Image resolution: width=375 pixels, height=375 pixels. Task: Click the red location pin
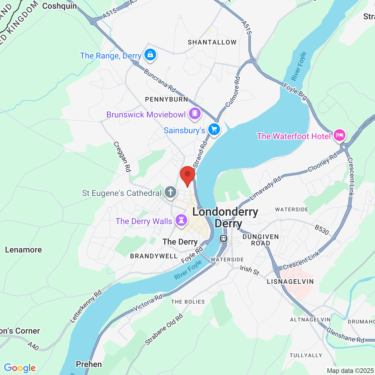pyautogui.click(x=187, y=175)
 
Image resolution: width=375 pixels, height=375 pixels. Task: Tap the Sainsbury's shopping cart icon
pyautogui.click(x=214, y=129)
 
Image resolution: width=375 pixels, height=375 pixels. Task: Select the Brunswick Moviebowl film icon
pyautogui.click(x=195, y=113)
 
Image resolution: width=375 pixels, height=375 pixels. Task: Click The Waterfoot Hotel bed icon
pyautogui.click(x=339, y=135)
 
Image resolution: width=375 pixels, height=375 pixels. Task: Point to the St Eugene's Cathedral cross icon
pyautogui.click(x=171, y=192)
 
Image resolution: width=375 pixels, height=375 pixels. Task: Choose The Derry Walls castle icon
pyautogui.click(x=181, y=220)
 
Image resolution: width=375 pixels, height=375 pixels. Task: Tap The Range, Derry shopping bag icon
pyautogui.click(x=150, y=54)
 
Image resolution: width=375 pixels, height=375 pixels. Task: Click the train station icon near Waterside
pyautogui.click(x=224, y=238)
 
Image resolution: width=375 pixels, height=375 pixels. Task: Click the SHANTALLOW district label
pyautogui.click(x=212, y=42)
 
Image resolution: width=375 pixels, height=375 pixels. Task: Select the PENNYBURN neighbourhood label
pyautogui.click(x=167, y=99)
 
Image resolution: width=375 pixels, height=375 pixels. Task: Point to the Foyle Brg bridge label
pyautogui.click(x=295, y=91)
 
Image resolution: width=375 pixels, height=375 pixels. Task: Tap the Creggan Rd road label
pyautogui.click(x=122, y=157)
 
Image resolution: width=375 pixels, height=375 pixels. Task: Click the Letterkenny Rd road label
pyautogui.click(x=86, y=306)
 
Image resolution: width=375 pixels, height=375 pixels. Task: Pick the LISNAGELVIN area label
pyautogui.click(x=290, y=282)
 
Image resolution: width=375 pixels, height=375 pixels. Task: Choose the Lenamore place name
pyautogui.click(x=23, y=250)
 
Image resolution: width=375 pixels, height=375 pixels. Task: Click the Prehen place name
pyautogui.click(x=89, y=364)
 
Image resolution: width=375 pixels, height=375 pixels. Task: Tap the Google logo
pyautogui.click(x=20, y=368)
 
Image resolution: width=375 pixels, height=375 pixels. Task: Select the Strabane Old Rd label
pyautogui.click(x=164, y=329)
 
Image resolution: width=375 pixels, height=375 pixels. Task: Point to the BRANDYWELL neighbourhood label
pyautogui.click(x=154, y=256)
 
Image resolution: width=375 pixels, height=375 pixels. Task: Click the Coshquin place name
pyautogui.click(x=59, y=6)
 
